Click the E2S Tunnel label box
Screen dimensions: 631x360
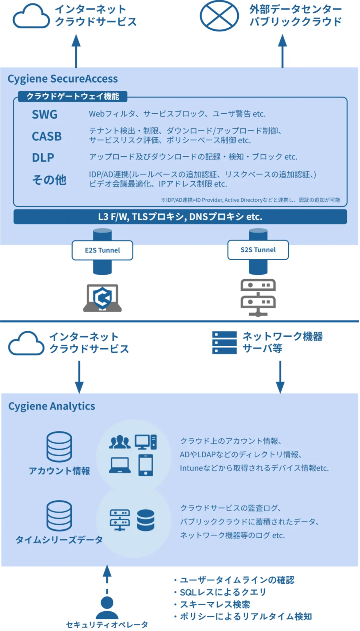[102, 250]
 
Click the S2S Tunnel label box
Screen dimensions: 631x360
[258, 250]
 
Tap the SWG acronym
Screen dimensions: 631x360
[45, 115]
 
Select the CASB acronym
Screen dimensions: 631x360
[47, 136]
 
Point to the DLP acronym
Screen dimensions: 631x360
[43, 157]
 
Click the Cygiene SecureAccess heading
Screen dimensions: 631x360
[63, 79]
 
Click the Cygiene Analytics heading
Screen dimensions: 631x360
[52, 406]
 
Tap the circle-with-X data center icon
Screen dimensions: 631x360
[219, 16]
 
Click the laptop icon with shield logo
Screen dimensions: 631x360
[102, 298]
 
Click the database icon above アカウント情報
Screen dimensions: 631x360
[59, 447]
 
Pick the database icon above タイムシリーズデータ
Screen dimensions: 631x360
[59, 515]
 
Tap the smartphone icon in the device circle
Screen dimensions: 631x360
[146, 465]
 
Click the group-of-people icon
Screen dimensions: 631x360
[120, 442]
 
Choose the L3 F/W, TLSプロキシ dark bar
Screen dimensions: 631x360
[180, 217]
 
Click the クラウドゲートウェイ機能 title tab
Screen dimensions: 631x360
[72, 96]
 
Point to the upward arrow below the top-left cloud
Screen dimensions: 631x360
[76, 51]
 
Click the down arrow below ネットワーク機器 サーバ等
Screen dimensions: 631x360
[280, 377]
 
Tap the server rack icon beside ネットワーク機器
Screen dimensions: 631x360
[224, 342]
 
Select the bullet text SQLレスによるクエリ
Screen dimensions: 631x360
[223, 592]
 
